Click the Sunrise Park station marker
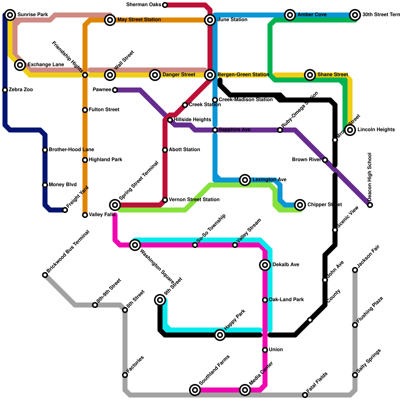pyautogui.click(x=10, y=15)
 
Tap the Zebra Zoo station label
pyautogui.click(x=21, y=90)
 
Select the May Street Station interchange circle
pyautogui.click(x=110, y=20)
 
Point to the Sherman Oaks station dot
pyautogui.click(x=165, y=5)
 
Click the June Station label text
pyautogui.click(x=232, y=20)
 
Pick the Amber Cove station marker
pyautogui.click(x=290, y=15)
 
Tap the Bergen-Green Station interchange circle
pyautogui.click(x=210, y=75)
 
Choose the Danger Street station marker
pyautogui.click(x=155, y=75)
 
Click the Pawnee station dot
pyautogui.click(x=115, y=90)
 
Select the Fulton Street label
pyautogui.click(x=104, y=110)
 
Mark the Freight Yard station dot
pyautogui.click(x=65, y=210)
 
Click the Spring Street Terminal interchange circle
pyautogui.click(x=115, y=205)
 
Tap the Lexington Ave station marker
pyautogui.click(x=245, y=180)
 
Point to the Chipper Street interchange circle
pyautogui.click(x=300, y=205)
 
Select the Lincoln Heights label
pyautogui.click(x=376, y=130)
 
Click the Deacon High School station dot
pyautogui.click(x=370, y=205)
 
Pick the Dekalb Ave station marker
pyautogui.click(x=265, y=265)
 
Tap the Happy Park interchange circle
pyautogui.click(x=220, y=335)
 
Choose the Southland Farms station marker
pyautogui.click(x=195, y=390)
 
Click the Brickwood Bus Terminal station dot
pyautogui.click(x=45, y=275)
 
